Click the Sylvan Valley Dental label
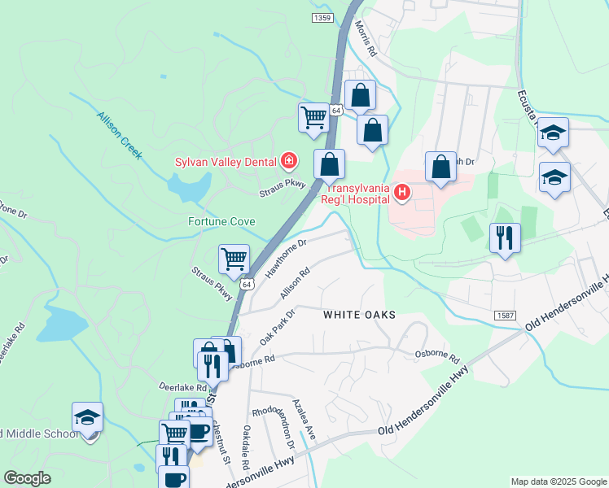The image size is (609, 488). [226, 162]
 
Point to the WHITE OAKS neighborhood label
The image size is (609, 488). [359, 315]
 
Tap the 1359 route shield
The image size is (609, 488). [322, 18]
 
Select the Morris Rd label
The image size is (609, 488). [366, 38]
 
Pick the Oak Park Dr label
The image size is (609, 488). [276, 324]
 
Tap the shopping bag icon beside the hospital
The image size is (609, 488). [440, 167]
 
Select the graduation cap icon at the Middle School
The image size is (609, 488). [87, 418]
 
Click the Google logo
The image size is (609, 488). [28, 478]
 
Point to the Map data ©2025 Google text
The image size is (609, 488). [558, 481]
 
